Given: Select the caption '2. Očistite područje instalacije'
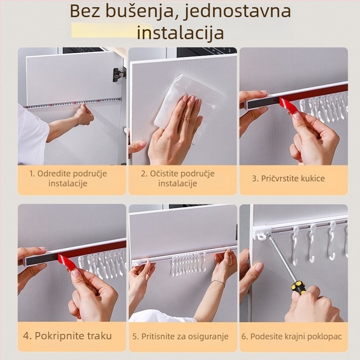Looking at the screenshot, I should [x=178, y=178].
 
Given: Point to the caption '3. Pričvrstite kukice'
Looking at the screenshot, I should [x=288, y=178].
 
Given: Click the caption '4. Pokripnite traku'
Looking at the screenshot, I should [x=67, y=336].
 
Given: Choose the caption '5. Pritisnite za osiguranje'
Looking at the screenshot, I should [x=180, y=336].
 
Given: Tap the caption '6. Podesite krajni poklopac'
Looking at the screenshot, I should [x=292, y=336].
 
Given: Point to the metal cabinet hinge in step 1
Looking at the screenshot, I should [x=118, y=74].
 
